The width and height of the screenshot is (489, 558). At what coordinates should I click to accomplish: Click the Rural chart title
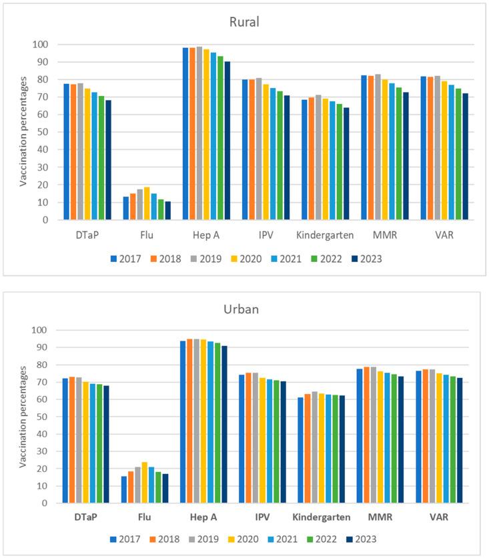244,22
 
